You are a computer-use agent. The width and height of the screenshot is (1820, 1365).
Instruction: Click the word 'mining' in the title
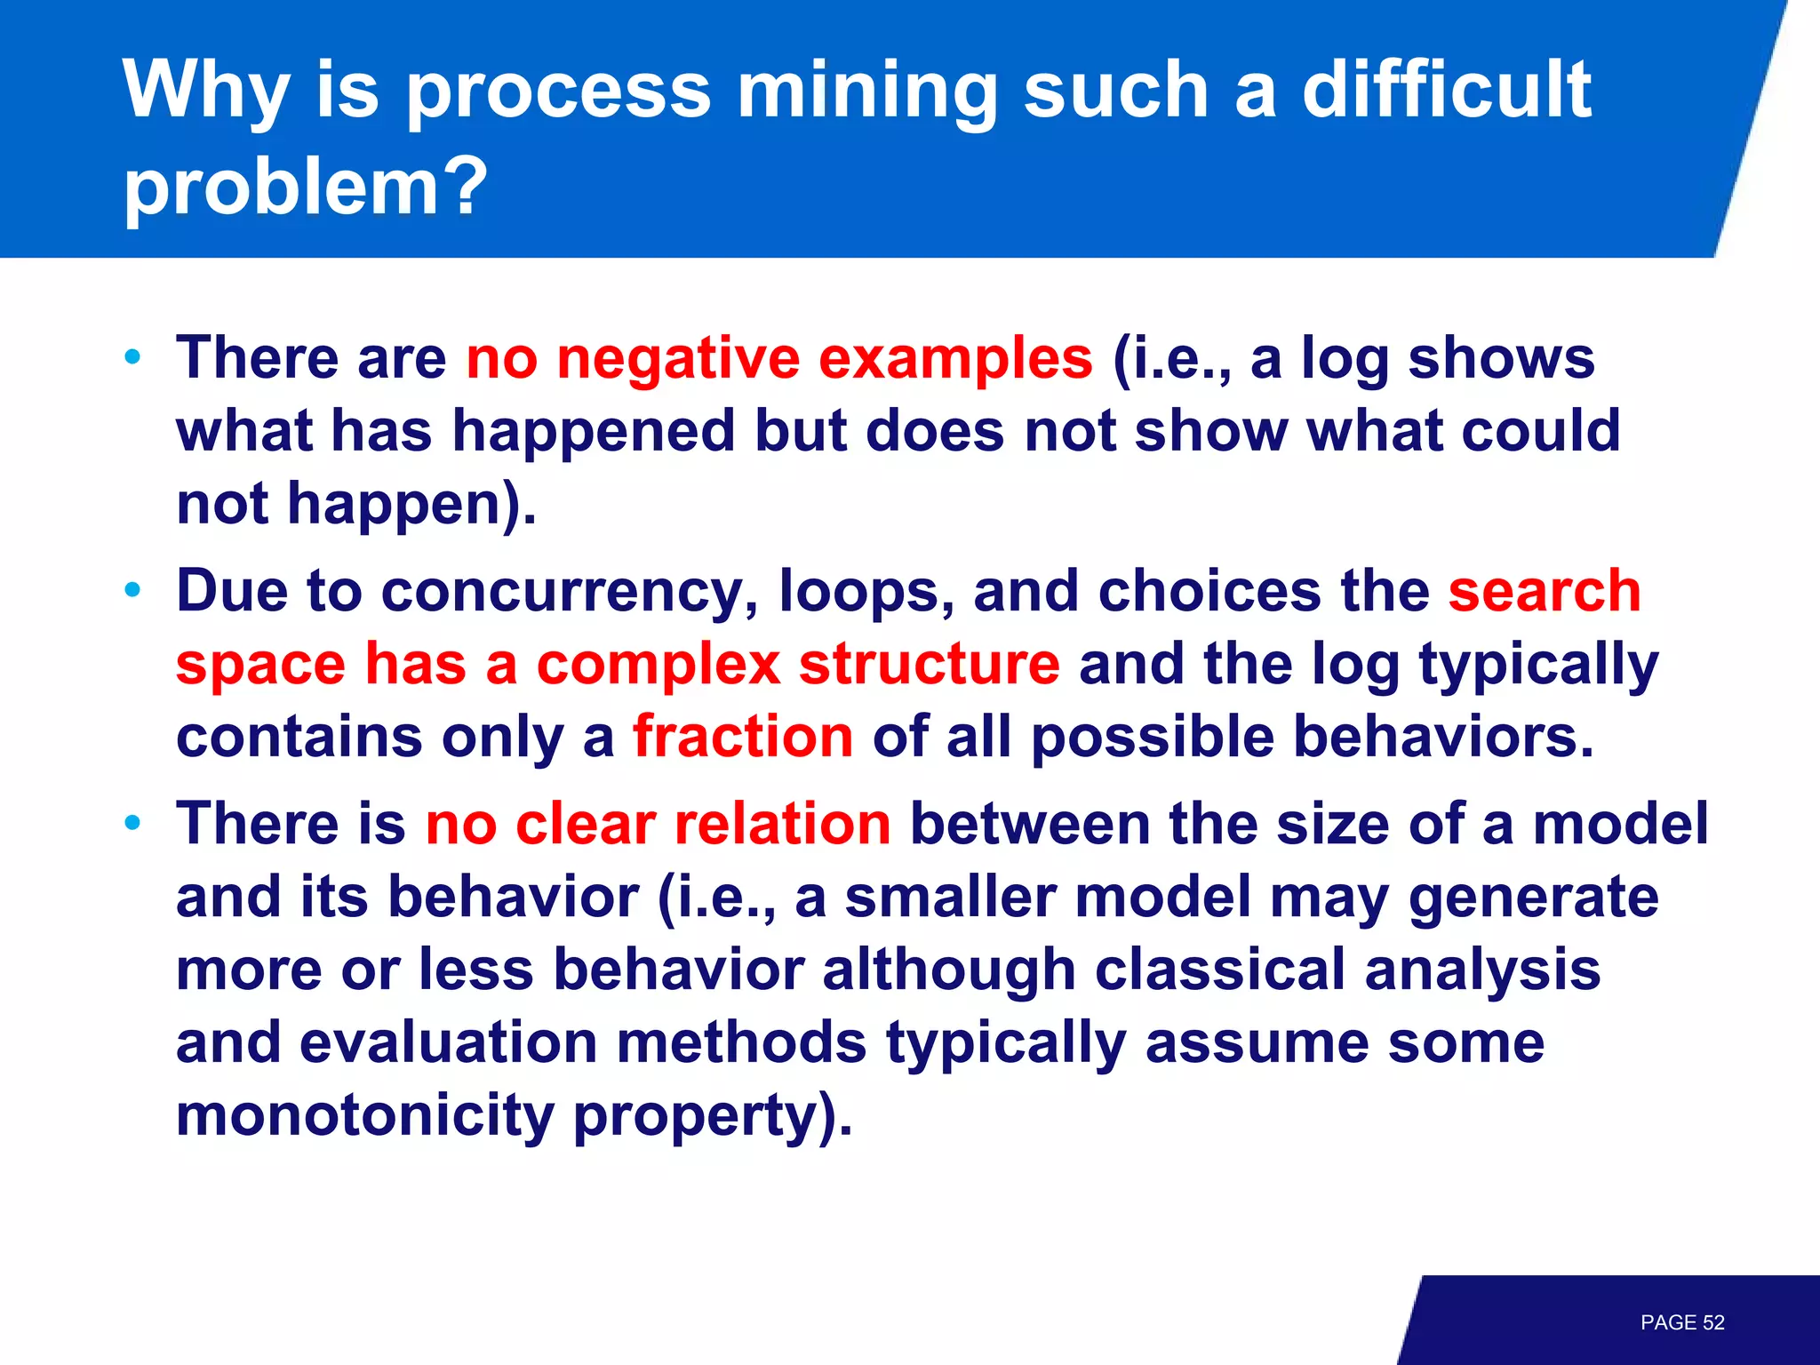click(x=867, y=91)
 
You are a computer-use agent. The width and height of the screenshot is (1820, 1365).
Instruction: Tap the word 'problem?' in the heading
click(x=306, y=186)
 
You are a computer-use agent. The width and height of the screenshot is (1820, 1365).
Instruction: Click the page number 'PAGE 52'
click(x=1681, y=1322)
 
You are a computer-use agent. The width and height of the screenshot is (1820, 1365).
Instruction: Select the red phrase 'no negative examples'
click(x=778, y=358)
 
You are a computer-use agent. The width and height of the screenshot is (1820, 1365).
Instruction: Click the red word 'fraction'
click(x=743, y=737)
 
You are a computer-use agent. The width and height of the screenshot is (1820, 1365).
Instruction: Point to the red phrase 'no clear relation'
click(x=658, y=823)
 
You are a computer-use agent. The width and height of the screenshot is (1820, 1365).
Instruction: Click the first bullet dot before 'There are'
click(x=133, y=358)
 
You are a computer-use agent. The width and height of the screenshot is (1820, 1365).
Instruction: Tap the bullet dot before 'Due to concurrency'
click(x=133, y=590)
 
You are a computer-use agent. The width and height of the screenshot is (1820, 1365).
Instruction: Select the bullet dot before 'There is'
click(x=133, y=823)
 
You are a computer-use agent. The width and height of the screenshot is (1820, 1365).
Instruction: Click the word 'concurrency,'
click(x=570, y=592)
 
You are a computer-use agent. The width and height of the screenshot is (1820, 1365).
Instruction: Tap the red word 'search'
click(x=1545, y=592)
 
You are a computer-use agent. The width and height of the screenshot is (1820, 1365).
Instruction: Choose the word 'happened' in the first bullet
click(x=593, y=432)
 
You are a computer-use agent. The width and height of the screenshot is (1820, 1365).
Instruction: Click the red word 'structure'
click(x=929, y=665)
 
